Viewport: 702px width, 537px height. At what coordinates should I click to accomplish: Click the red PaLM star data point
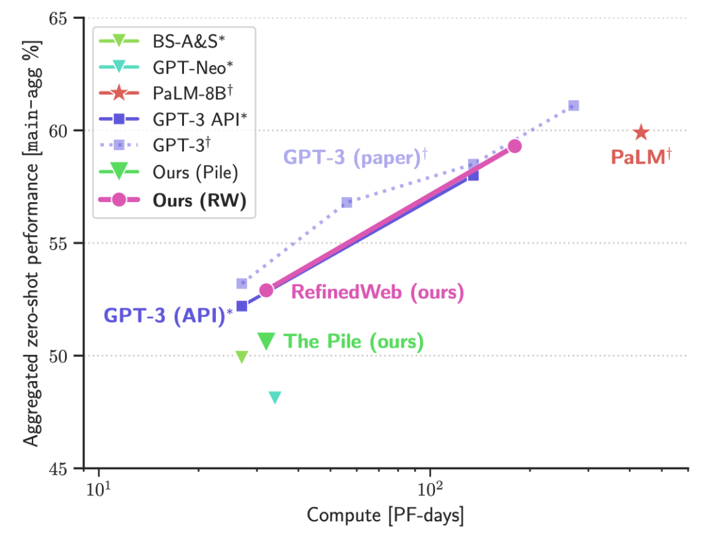click(641, 133)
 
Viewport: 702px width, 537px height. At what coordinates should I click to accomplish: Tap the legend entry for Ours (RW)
click(199, 200)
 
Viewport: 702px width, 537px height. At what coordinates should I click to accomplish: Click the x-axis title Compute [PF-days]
click(385, 516)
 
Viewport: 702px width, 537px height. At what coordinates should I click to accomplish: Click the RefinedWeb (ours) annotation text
click(378, 292)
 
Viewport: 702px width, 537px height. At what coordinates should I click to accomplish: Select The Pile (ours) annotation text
click(354, 341)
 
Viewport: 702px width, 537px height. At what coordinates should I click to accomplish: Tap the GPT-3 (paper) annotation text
click(355, 158)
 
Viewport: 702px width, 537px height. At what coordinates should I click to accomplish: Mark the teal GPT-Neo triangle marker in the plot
click(275, 397)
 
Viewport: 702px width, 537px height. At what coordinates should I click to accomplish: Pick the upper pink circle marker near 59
click(515, 146)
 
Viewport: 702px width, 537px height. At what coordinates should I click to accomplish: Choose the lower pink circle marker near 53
click(266, 290)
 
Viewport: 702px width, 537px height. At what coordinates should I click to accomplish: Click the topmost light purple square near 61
click(573, 106)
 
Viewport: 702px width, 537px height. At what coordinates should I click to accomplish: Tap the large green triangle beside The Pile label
click(266, 340)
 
